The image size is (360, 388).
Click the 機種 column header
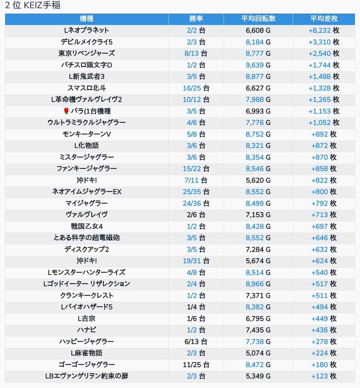coord(87,19)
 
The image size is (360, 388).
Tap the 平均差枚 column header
coord(324,19)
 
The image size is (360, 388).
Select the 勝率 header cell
coord(196,19)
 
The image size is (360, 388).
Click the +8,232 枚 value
coord(324,31)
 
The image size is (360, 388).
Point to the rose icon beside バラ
coord(66,111)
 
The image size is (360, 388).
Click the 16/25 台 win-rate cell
coord(196,88)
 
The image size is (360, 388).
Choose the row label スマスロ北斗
coord(87,88)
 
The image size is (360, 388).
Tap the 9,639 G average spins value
coord(258,65)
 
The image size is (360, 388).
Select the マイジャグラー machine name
coord(87,203)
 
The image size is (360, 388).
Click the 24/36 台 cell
coord(196,203)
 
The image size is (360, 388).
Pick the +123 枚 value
coord(324,376)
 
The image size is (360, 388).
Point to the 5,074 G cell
coord(258,353)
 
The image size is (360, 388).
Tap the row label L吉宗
coord(87,319)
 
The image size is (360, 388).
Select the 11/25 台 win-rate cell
coord(196,365)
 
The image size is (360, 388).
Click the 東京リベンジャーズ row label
coord(87,53)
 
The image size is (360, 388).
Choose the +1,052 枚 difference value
coord(324,122)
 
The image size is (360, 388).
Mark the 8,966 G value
coord(258,284)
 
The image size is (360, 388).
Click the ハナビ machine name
coord(87,330)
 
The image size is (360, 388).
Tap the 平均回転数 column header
coord(258,19)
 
